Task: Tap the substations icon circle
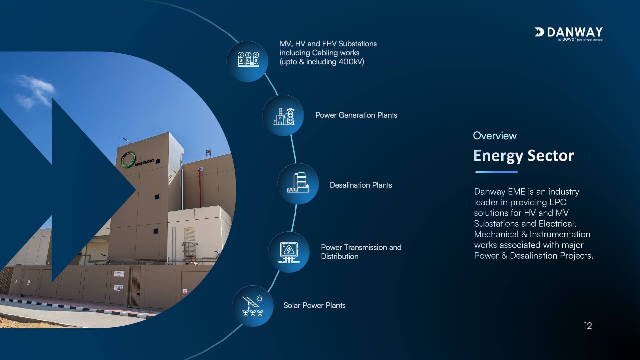(247, 61)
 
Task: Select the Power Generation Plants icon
(283, 115)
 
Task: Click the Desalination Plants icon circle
(298, 184)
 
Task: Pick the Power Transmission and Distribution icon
(289, 252)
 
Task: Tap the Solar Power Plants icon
(253, 306)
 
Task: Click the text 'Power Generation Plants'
(356, 115)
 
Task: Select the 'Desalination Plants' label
(361, 185)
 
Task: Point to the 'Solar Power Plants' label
(314, 305)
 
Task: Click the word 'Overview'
(495, 136)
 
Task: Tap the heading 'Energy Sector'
(524, 156)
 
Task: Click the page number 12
(588, 326)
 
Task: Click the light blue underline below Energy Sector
(497, 172)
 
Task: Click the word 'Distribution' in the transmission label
(340, 256)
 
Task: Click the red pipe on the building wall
(200, 187)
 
